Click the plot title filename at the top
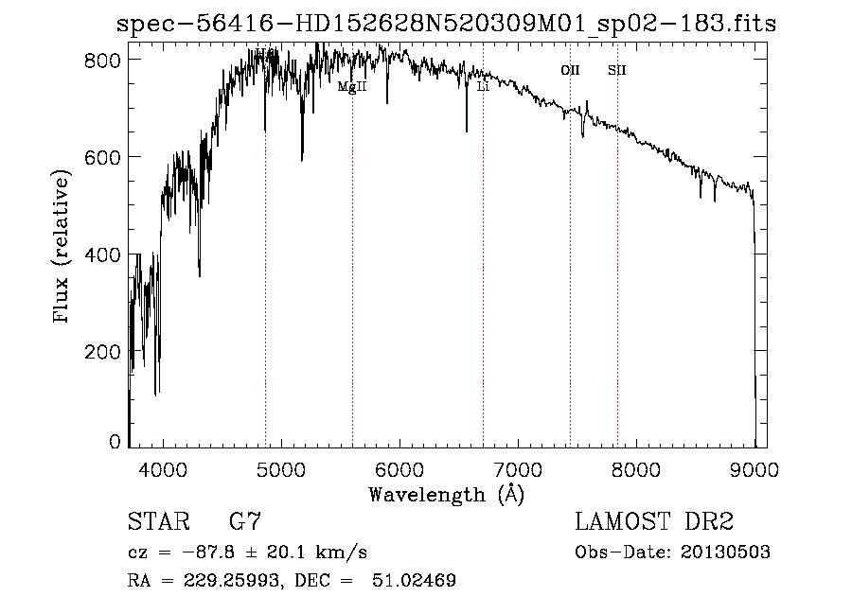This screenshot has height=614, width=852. coord(446,25)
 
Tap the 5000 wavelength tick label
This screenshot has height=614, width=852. coord(280,469)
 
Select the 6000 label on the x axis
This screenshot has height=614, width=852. coord(399,469)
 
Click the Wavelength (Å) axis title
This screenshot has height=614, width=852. coord(446,494)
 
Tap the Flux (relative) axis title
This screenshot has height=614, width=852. coord(63,248)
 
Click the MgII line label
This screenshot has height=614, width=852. coord(352,86)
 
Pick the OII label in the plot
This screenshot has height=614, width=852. coord(570,70)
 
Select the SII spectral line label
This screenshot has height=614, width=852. coord(617,70)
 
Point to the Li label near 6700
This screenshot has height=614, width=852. coord(483,86)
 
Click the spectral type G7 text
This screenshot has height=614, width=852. coord(246,521)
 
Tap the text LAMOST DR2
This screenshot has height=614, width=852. coord(654,521)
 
